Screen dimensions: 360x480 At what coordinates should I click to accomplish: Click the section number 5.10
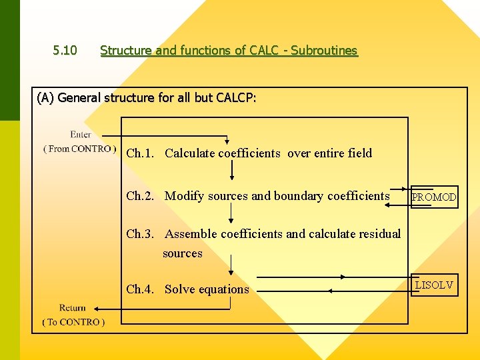65,51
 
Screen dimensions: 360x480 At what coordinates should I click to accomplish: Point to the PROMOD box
434,197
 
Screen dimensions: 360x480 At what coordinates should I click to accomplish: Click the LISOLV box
434,285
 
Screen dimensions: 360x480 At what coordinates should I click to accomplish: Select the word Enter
81,135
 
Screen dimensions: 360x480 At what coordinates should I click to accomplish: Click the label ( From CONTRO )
79,149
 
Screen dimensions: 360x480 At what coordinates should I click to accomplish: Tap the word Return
72,308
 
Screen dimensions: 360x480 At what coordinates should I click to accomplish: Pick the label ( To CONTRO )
73,322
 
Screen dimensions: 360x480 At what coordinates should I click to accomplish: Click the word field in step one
360,153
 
